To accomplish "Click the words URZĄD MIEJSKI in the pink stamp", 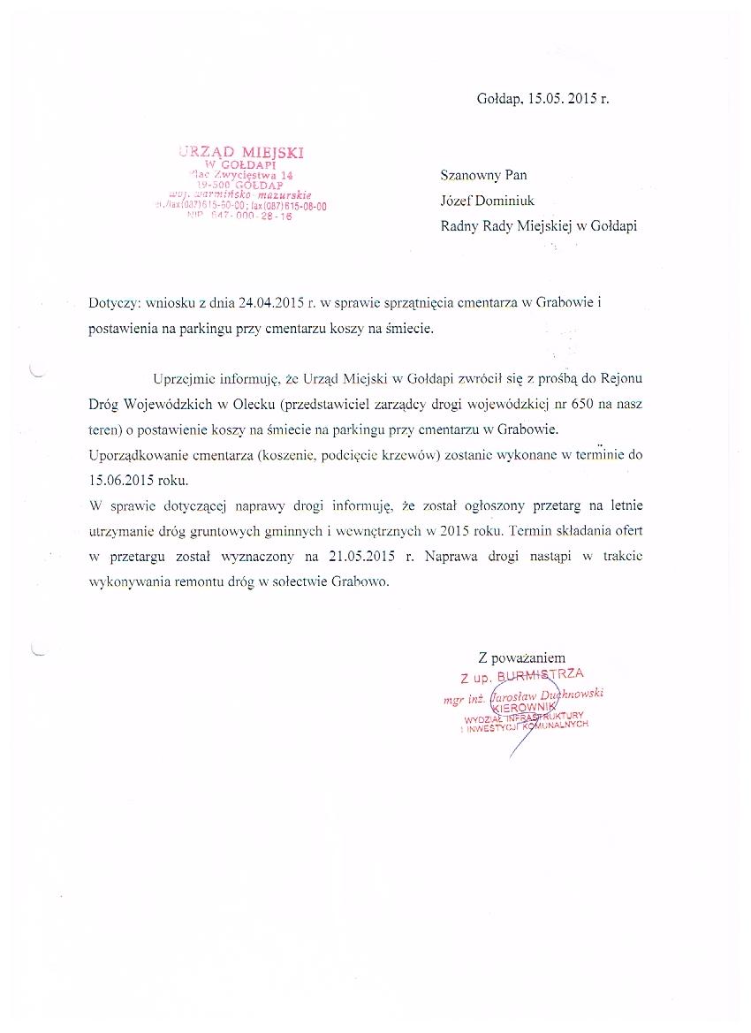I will coord(240,152).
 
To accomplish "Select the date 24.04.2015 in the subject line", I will coord(269,302).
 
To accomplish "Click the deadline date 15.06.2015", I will coord(121,480).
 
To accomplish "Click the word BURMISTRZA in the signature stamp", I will coord(540,677).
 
